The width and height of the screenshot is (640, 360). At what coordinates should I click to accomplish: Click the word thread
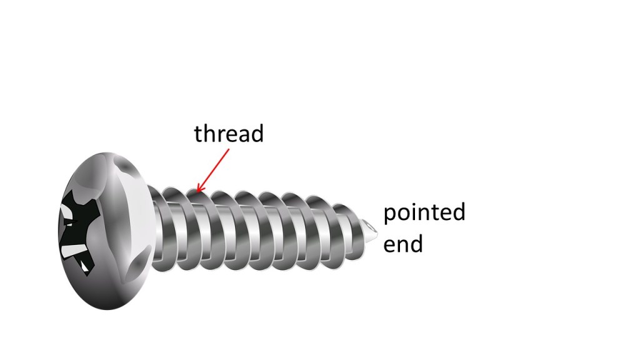(x=229, y=134)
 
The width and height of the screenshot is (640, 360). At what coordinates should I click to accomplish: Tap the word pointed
(x=424, y=212)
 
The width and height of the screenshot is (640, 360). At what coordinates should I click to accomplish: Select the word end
(x=403, y=243)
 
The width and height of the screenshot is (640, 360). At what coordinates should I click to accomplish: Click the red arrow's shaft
(x=212, y=170)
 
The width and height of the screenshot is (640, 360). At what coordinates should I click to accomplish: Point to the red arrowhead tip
(x=197, y=192)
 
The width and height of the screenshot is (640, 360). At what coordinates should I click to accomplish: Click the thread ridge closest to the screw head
(x=162, y=229)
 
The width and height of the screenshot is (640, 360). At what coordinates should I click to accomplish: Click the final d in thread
(x=257, y=134)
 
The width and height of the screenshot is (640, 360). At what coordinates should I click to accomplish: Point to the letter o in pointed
(x=406, y=213)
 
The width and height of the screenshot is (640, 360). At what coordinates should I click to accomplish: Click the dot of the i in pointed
(x=417, y=204)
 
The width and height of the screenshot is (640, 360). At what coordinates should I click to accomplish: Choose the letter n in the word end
(x=402, y=245)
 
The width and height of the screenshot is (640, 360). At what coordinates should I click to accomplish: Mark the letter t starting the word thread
(x=199, y=134)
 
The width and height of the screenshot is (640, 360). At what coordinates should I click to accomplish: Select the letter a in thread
(x=243, y=136)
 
